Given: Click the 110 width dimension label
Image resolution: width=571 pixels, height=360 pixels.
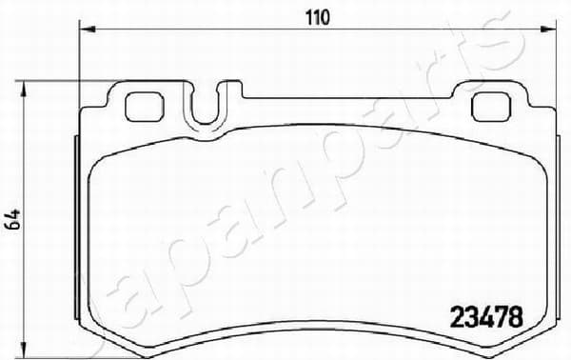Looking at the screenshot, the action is tap(317, 17).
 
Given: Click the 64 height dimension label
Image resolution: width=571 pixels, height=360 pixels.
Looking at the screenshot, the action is tap(13, 220).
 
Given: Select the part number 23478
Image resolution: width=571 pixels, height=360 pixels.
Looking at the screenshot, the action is tap(487, 317).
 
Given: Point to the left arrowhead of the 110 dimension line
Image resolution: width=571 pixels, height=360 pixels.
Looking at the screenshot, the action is tap(88, 30).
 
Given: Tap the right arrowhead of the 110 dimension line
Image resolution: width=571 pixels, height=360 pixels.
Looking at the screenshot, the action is tap(548, 30).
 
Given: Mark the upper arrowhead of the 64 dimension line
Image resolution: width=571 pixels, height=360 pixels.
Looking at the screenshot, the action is tap(24, 89).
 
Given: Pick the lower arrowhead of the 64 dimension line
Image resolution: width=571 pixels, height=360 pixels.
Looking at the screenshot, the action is tap(24, 350).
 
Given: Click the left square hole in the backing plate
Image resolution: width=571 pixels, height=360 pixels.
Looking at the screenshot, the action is tap(144, 107).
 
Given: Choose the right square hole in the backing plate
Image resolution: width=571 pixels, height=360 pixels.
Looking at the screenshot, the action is tap(491, 107).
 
